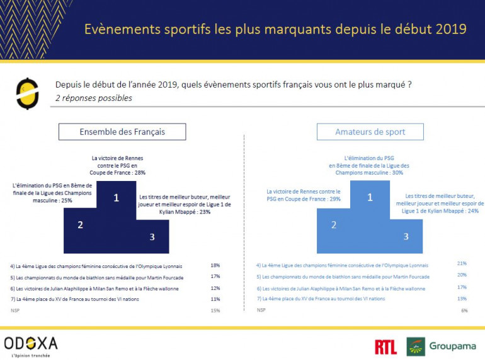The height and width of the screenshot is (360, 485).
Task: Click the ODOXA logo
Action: point(31,344)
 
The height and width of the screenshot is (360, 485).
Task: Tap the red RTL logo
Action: point(385,346)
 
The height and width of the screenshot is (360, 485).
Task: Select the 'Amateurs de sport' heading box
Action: point(370,132)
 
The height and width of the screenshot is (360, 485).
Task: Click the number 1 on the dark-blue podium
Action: point(117,198)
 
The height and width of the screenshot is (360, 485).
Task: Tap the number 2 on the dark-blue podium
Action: point(80,225)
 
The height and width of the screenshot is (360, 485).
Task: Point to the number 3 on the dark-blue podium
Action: point(152,236)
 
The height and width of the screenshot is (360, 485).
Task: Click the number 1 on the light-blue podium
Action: point(370,197)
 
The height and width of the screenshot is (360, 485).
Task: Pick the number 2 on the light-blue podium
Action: point(334,225)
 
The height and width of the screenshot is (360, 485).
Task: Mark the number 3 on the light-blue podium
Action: point(406,236)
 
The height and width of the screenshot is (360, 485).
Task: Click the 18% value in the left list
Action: point(215,265)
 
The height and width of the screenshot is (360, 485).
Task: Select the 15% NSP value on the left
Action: point(215,310)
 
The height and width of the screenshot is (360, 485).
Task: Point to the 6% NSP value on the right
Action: point(464,310)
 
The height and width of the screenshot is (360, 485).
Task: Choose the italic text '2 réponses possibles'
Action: point(94,98)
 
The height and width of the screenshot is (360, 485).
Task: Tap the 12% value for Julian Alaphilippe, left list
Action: point(215,288)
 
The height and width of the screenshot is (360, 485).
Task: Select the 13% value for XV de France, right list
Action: point(462,299)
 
